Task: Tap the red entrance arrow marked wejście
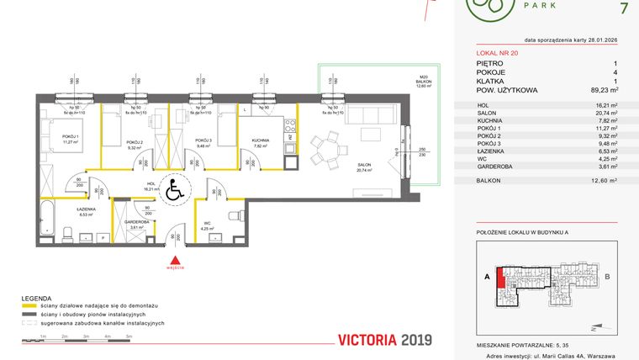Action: [x=175, y=261]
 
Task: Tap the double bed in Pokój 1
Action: [x=51, y=135]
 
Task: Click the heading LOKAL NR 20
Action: [x=493, y=53]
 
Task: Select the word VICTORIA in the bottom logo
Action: [x=368, y=341]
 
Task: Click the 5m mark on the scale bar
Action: [x=128, y=336]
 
